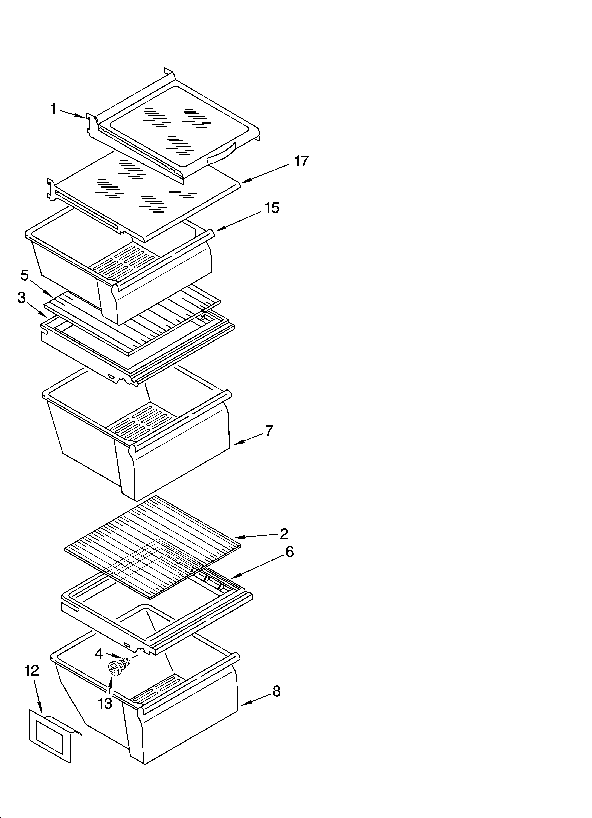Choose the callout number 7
tap(269, 431)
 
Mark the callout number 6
tap(289, 552)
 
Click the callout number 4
tap(98, 654)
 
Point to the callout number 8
tap(276, 691)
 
